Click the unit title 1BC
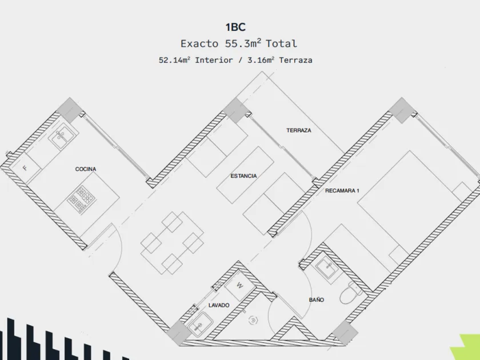pyautogui.click(x=235, y=27)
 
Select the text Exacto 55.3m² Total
pyautogui.click(x=239, y=43)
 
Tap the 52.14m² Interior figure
pyautogui.click(x=196, y=60)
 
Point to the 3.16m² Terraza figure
pyautogui.click(x=279, y=60)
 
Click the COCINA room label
pyautogui.click(x=86, y=169)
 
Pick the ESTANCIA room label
pyautogui.click(x=243, y=176)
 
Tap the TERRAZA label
pyautogui.click(x=299, y=130)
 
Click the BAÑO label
pyautogui.click(x=317, y=299)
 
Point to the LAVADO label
pyautogui.click(x=219, y=306)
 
